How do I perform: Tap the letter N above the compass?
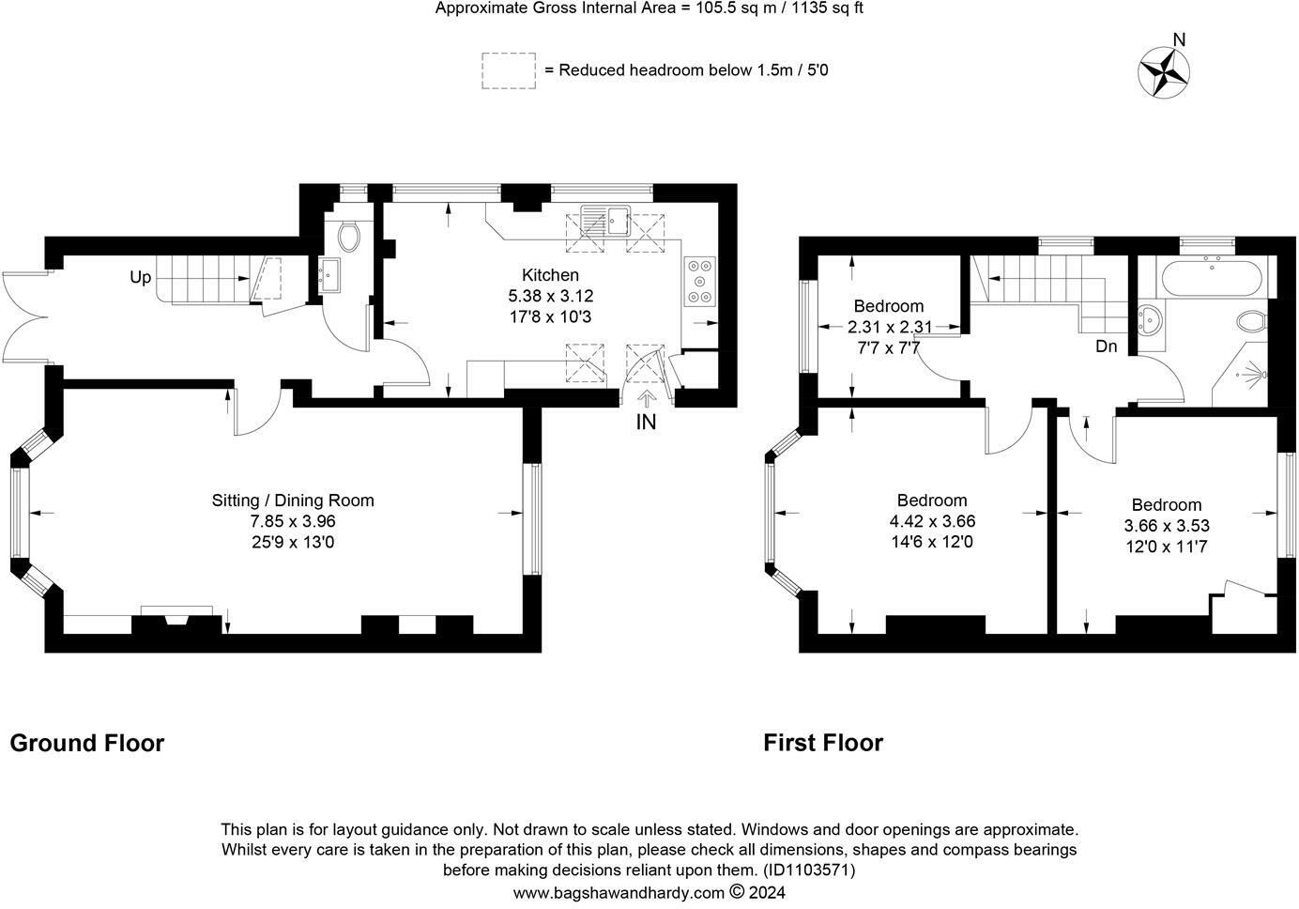(x=1179, y=39)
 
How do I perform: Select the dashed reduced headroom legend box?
(x=508, y=70)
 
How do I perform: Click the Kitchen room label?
(x=550, y=275)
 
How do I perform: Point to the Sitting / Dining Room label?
(x=293, y=500)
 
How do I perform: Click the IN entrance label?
(x=646, y=423)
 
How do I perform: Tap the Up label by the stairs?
(x=141, y=277)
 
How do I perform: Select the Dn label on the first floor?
(x=1106, y=347)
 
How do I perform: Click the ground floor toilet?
(x=348, y=237)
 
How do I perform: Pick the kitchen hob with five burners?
(x=699, y=282)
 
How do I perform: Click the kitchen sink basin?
(x=618, y=221)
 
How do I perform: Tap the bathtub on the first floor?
(x=1212, y=279)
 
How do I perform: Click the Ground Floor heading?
(x=87, y=743)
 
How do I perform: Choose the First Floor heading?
(x=823, y=743)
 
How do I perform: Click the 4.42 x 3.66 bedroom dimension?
(x=933, y=521)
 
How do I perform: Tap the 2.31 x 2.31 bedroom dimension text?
(x=890, y=327)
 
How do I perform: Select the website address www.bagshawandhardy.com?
(x=619, y=893)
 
